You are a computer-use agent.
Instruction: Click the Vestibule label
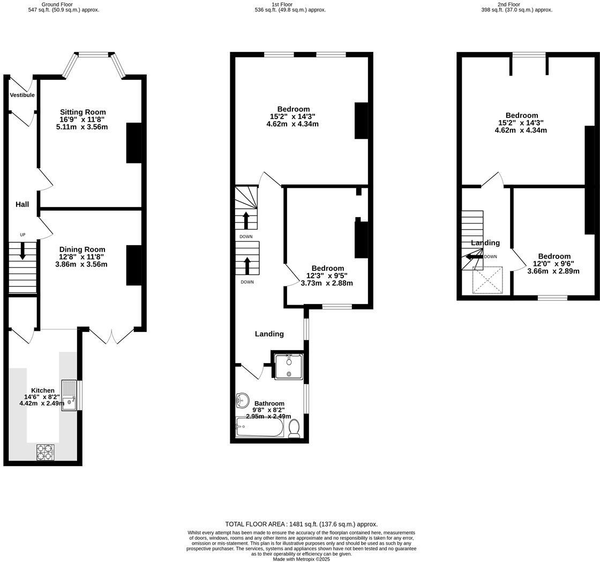(22, 95)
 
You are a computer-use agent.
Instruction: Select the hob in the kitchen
(46, 452)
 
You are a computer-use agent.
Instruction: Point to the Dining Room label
(82, 249)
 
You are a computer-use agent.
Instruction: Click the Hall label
(22, 204)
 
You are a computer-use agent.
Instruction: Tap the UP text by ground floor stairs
(22, 235)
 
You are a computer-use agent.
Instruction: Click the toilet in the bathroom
(294, 428)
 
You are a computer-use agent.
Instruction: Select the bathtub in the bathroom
(259, 427)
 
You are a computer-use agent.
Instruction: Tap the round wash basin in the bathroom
(242, 400)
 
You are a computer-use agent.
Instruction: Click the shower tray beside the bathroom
(288, 367)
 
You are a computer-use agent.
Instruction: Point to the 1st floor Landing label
(269, 334)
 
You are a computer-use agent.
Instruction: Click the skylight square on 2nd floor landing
(487, 280)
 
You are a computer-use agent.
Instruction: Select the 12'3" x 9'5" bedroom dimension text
(327, 276)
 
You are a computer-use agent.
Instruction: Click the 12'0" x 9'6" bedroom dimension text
(553, 264)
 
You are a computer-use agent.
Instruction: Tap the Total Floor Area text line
(301, 524)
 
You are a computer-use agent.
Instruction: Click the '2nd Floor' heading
(508, 4)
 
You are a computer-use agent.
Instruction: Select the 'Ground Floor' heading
(57, 4)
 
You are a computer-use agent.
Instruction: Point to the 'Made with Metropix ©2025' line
(301, 559)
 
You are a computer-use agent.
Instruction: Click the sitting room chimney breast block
(134, 143)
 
